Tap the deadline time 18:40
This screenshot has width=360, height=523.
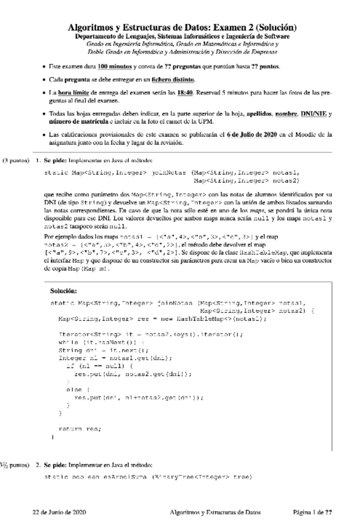(x=186, y=94)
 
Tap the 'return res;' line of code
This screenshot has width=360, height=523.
(x=80, y=427)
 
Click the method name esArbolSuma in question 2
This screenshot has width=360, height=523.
(x=126, y=477)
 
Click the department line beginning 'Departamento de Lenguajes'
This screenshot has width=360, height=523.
(x=182, y=37)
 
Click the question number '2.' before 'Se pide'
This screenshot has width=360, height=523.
(x=38, y=464)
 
